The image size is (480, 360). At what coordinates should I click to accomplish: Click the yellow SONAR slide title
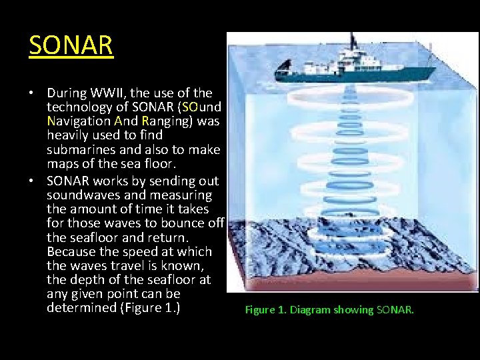[x=71, y=45]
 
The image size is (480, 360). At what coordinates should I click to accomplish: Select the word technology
[x=78, y=107]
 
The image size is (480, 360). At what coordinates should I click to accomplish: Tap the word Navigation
[x=79, y=121]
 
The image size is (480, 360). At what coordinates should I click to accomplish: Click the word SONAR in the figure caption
[x=395, y=310]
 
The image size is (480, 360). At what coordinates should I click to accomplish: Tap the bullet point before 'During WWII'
[x=33, y=93]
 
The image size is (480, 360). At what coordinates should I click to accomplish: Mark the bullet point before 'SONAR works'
[x=33, y=181]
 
